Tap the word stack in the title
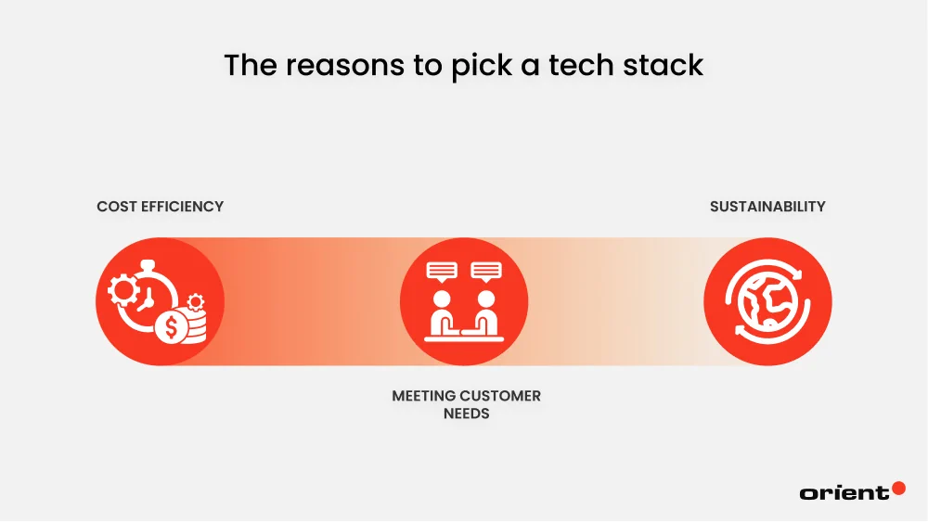pos(661,66)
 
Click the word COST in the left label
pos(117,206)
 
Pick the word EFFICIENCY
pos(183,206)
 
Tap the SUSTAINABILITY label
pos(767,206)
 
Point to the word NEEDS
pos(466,414)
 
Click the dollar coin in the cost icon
pos(169,328)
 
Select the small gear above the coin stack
pos(195,302)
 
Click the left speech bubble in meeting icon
pos(442,272)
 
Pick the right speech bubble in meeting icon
pos(485,272)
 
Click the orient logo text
pos(844,493)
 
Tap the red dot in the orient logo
pos(898,487)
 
